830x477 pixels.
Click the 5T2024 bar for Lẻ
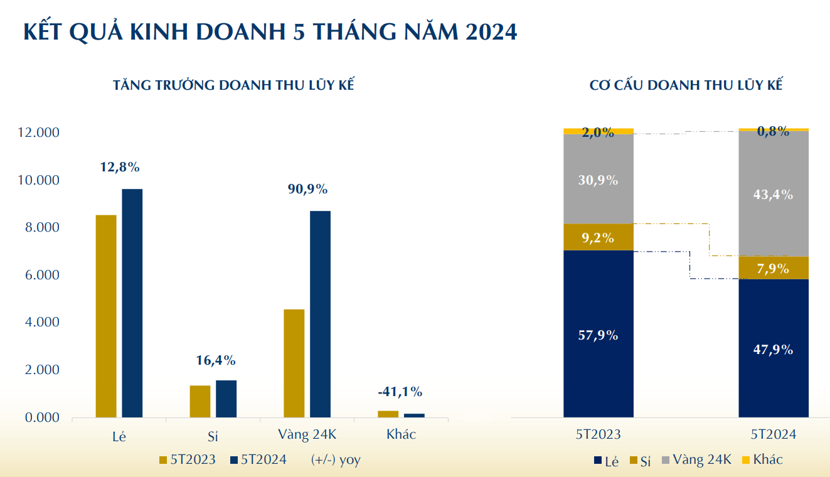coord(132,303)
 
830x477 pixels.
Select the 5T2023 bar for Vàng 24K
coord(294,363)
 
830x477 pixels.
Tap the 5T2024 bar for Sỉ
coord(226,399)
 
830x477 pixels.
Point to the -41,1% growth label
coord(400,392)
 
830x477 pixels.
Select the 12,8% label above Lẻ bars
coord(119,168)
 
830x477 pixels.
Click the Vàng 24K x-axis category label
coord(307,434)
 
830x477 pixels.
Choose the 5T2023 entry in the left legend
coord(188,460)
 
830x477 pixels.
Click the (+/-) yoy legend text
coord(336,460)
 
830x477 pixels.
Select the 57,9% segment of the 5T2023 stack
coord(598,335)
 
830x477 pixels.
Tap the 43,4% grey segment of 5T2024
coord(773,195)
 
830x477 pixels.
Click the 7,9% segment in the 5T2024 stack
coord(773,268)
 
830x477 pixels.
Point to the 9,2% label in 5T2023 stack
coord(598,238)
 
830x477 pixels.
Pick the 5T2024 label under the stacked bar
coord(774,434)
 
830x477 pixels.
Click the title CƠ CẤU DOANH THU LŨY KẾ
coord(686,85)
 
